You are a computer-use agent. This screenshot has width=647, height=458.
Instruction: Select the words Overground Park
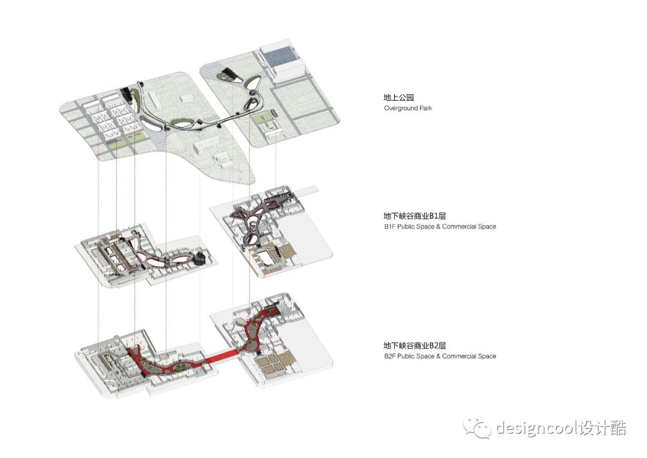tap(408, 109)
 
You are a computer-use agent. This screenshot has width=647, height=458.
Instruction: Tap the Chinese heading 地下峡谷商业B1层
tap(415, 216)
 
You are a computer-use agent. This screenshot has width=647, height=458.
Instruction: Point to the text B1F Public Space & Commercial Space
tap(440, 227)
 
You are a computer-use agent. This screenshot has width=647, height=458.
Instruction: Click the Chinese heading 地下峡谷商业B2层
tap(415, 345)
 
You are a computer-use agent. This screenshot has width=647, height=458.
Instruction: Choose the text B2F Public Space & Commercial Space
tap(440, 356)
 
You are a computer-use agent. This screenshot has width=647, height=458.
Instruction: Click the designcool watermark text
tap(560, 428)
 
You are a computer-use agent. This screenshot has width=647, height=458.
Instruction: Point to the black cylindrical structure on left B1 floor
tap(200, 258)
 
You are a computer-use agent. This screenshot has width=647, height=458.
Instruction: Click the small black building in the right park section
tap(228, 75)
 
